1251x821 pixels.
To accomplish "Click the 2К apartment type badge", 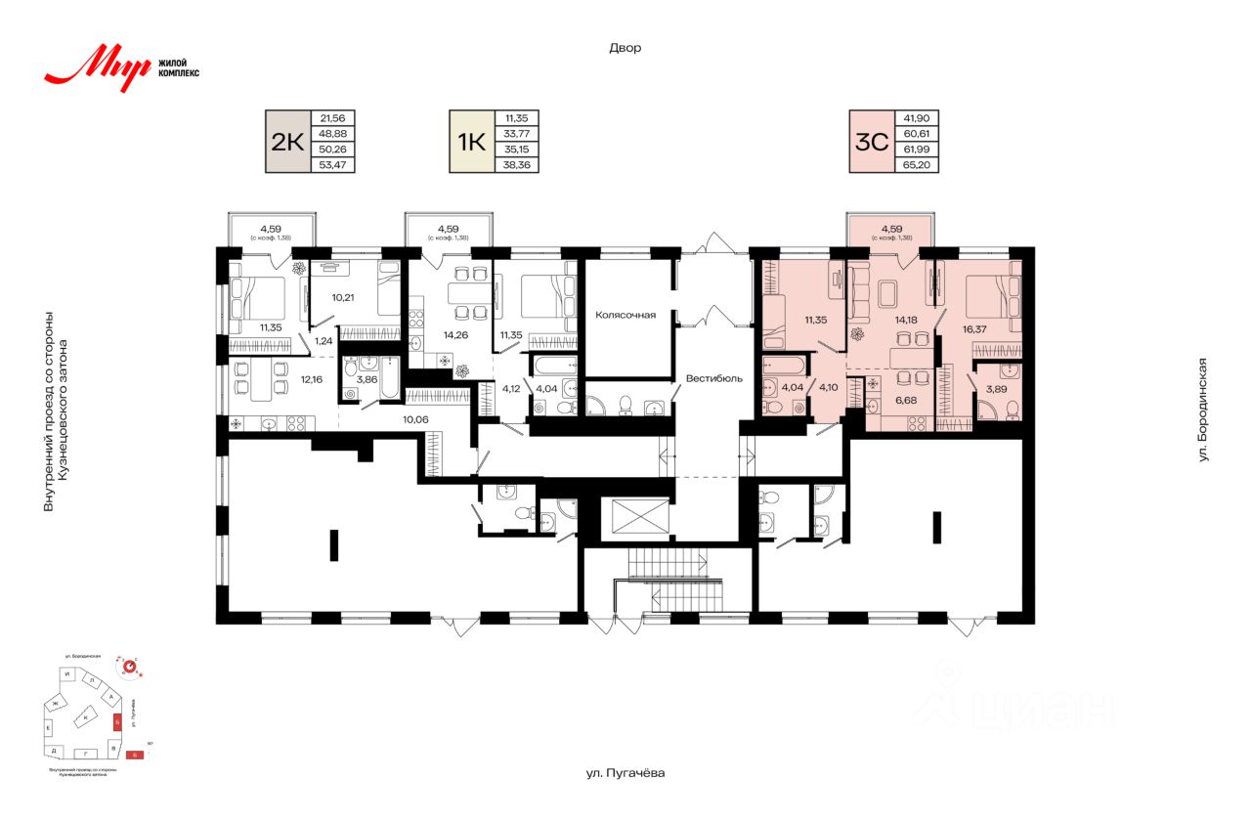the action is coord(286,141).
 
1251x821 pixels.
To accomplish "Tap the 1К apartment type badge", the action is coord(470,141).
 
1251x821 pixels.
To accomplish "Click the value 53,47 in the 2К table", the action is coord(332,164).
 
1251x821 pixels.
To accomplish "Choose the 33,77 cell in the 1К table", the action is coord(517,133).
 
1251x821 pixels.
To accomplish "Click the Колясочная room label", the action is coord(625,315).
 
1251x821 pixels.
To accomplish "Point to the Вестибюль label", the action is coord(713,377).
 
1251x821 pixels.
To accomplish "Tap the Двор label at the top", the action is coord(625,47).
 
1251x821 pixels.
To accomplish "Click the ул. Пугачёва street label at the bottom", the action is coord(625,773).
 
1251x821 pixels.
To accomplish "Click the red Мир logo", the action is coord(98,66).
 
